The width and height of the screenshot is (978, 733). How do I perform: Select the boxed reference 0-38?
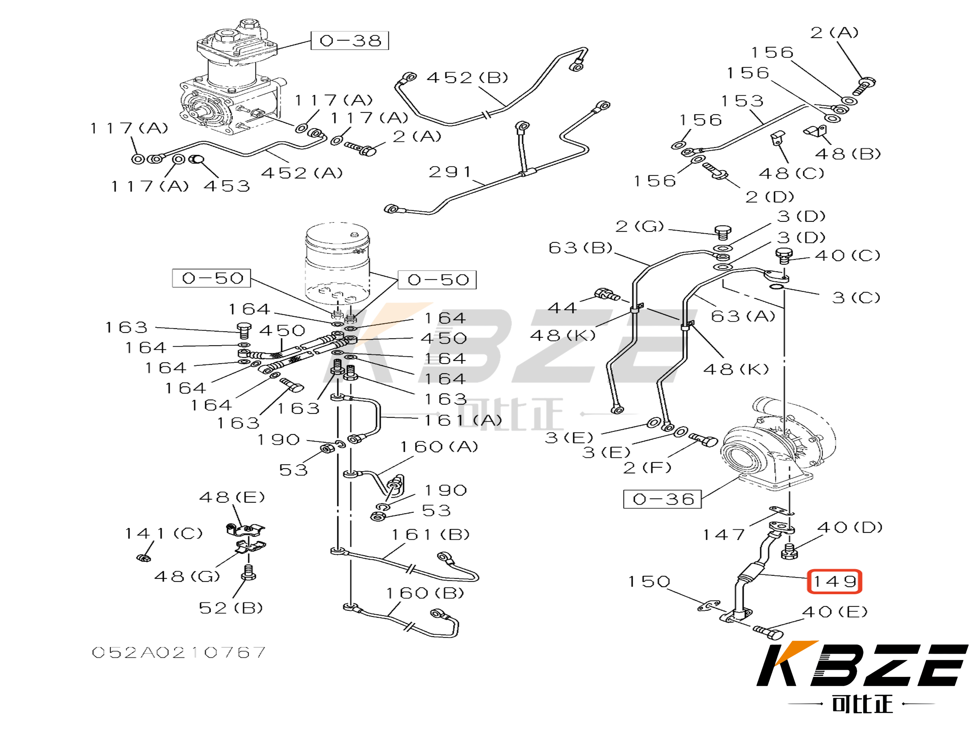pyautogui.click(x=350, y=41)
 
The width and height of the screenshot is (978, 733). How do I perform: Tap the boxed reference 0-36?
pyautogui.click(x=662, y=499)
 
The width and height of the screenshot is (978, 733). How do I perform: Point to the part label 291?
pyautogui.click(x=450, y=172)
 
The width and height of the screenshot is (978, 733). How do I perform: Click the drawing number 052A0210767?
pyautogui.click(x=179, y=652)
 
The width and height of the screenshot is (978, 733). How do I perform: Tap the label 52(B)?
pyautogui.click(x=230, y=608)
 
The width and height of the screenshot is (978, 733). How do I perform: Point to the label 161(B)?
pyautogui.click(x=430, y=535)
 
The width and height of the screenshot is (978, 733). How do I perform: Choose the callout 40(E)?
pyautogui.click(x=834, y=612)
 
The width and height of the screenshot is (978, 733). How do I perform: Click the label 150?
pyautogui.click(x=649, y=582)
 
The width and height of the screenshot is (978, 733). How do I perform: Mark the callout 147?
pyautogui.click(x=724, y=535)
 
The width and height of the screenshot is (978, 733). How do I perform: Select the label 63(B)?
pyautogui.click(x=580, y=248)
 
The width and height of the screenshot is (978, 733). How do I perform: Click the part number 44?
pyautogui.click(x=562, y=308)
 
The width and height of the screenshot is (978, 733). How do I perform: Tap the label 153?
pyautogui.click(x=742, y=101)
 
